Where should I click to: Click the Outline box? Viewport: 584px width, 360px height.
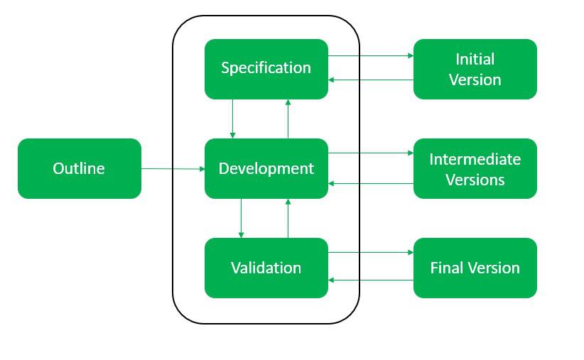click(x=80, y=168)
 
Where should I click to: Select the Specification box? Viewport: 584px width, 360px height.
click(x=266, y=69)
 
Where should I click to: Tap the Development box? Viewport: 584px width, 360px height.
click(x=266, y=168)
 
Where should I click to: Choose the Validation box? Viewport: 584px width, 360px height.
click(x=266, y=268)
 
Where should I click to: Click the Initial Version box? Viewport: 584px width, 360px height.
click(x=475, y=69)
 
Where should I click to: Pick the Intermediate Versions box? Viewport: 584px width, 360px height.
click(x=475, y=168)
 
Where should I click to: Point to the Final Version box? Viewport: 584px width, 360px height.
click(x=475, y=268)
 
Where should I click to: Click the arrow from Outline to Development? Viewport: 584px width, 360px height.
click(x=173, y=168)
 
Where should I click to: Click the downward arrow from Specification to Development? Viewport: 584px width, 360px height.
click(x=232, y=119)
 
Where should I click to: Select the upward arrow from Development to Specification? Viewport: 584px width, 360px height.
click(x=288, y=119)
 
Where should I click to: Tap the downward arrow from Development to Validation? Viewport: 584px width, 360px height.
click(x=241, y=218)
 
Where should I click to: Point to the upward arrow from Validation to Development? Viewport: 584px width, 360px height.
click(x=288, y=218)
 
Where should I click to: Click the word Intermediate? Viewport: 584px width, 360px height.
click(x=475, y=159)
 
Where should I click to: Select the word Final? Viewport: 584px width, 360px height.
click(x=446, y=268)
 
